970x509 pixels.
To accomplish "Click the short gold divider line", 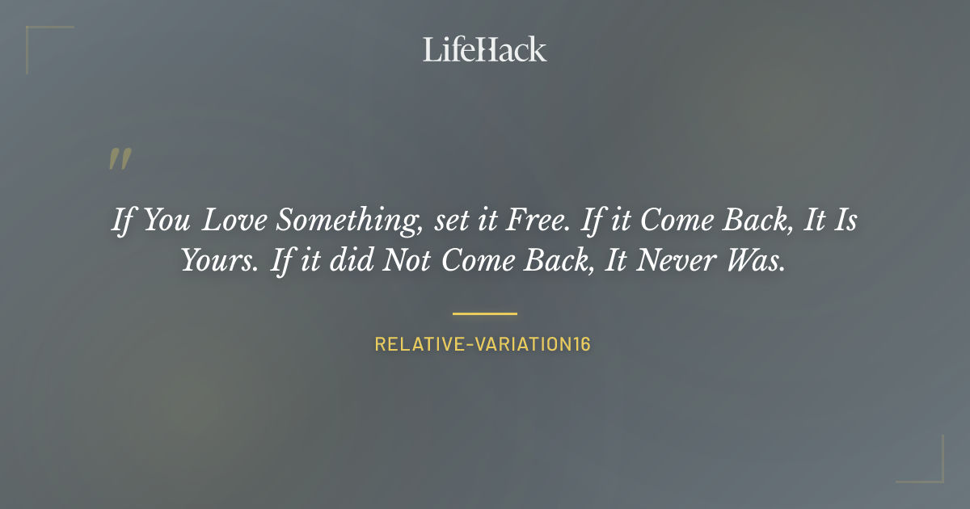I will point(485,313).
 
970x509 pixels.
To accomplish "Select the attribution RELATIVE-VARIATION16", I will point(483,344).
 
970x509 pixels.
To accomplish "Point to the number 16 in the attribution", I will point(581,344).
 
